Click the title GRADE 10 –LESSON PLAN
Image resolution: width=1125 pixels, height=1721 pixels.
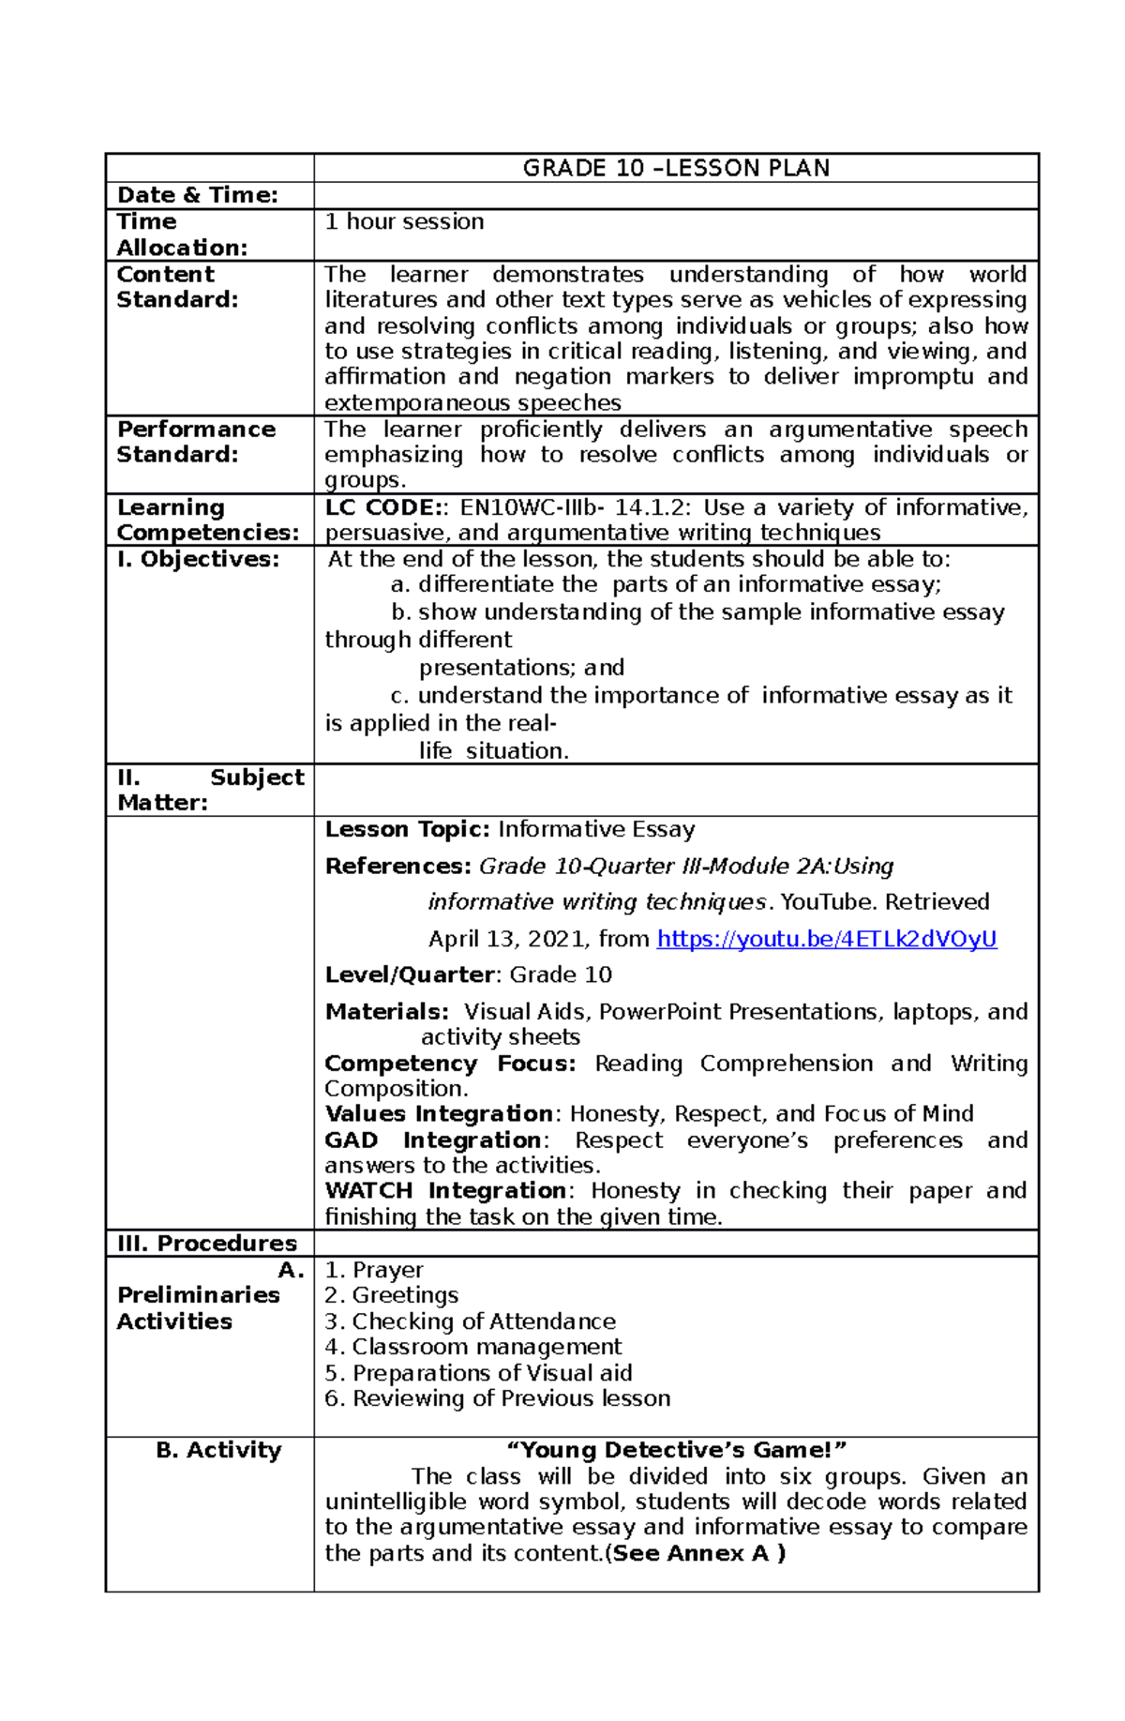coord(676,168)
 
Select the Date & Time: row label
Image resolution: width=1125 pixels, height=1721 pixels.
coord(197,195)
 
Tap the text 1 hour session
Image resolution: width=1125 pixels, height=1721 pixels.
coord(404,221)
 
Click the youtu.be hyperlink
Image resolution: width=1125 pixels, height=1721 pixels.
coord(826,939)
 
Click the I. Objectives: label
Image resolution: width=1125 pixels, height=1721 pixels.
coord(198,559)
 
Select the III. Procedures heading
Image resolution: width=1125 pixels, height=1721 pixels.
coord(206,1243)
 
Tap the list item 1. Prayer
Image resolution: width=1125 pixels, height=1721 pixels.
coord(374,1270)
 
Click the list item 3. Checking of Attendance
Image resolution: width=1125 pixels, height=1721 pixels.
coord(470,1321)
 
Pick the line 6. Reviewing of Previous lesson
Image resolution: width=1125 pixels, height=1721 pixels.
coord(497,1398)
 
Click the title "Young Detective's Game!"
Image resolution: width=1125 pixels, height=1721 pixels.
coord(676,1450)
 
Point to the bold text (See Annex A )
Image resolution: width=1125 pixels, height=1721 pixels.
coord(696,1553)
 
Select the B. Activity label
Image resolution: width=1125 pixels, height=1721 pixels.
coord(218,1450)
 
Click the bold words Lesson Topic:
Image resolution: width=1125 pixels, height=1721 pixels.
coord(407,829)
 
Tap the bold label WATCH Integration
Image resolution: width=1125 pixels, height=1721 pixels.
coord(444,1190)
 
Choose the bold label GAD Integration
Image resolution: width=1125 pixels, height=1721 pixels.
coord(432,1140)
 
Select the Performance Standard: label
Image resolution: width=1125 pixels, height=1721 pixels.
coord(196,442)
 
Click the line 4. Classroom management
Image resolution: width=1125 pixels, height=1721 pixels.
coord(472,1347)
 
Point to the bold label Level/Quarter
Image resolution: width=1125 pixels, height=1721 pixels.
coord(409,974)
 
